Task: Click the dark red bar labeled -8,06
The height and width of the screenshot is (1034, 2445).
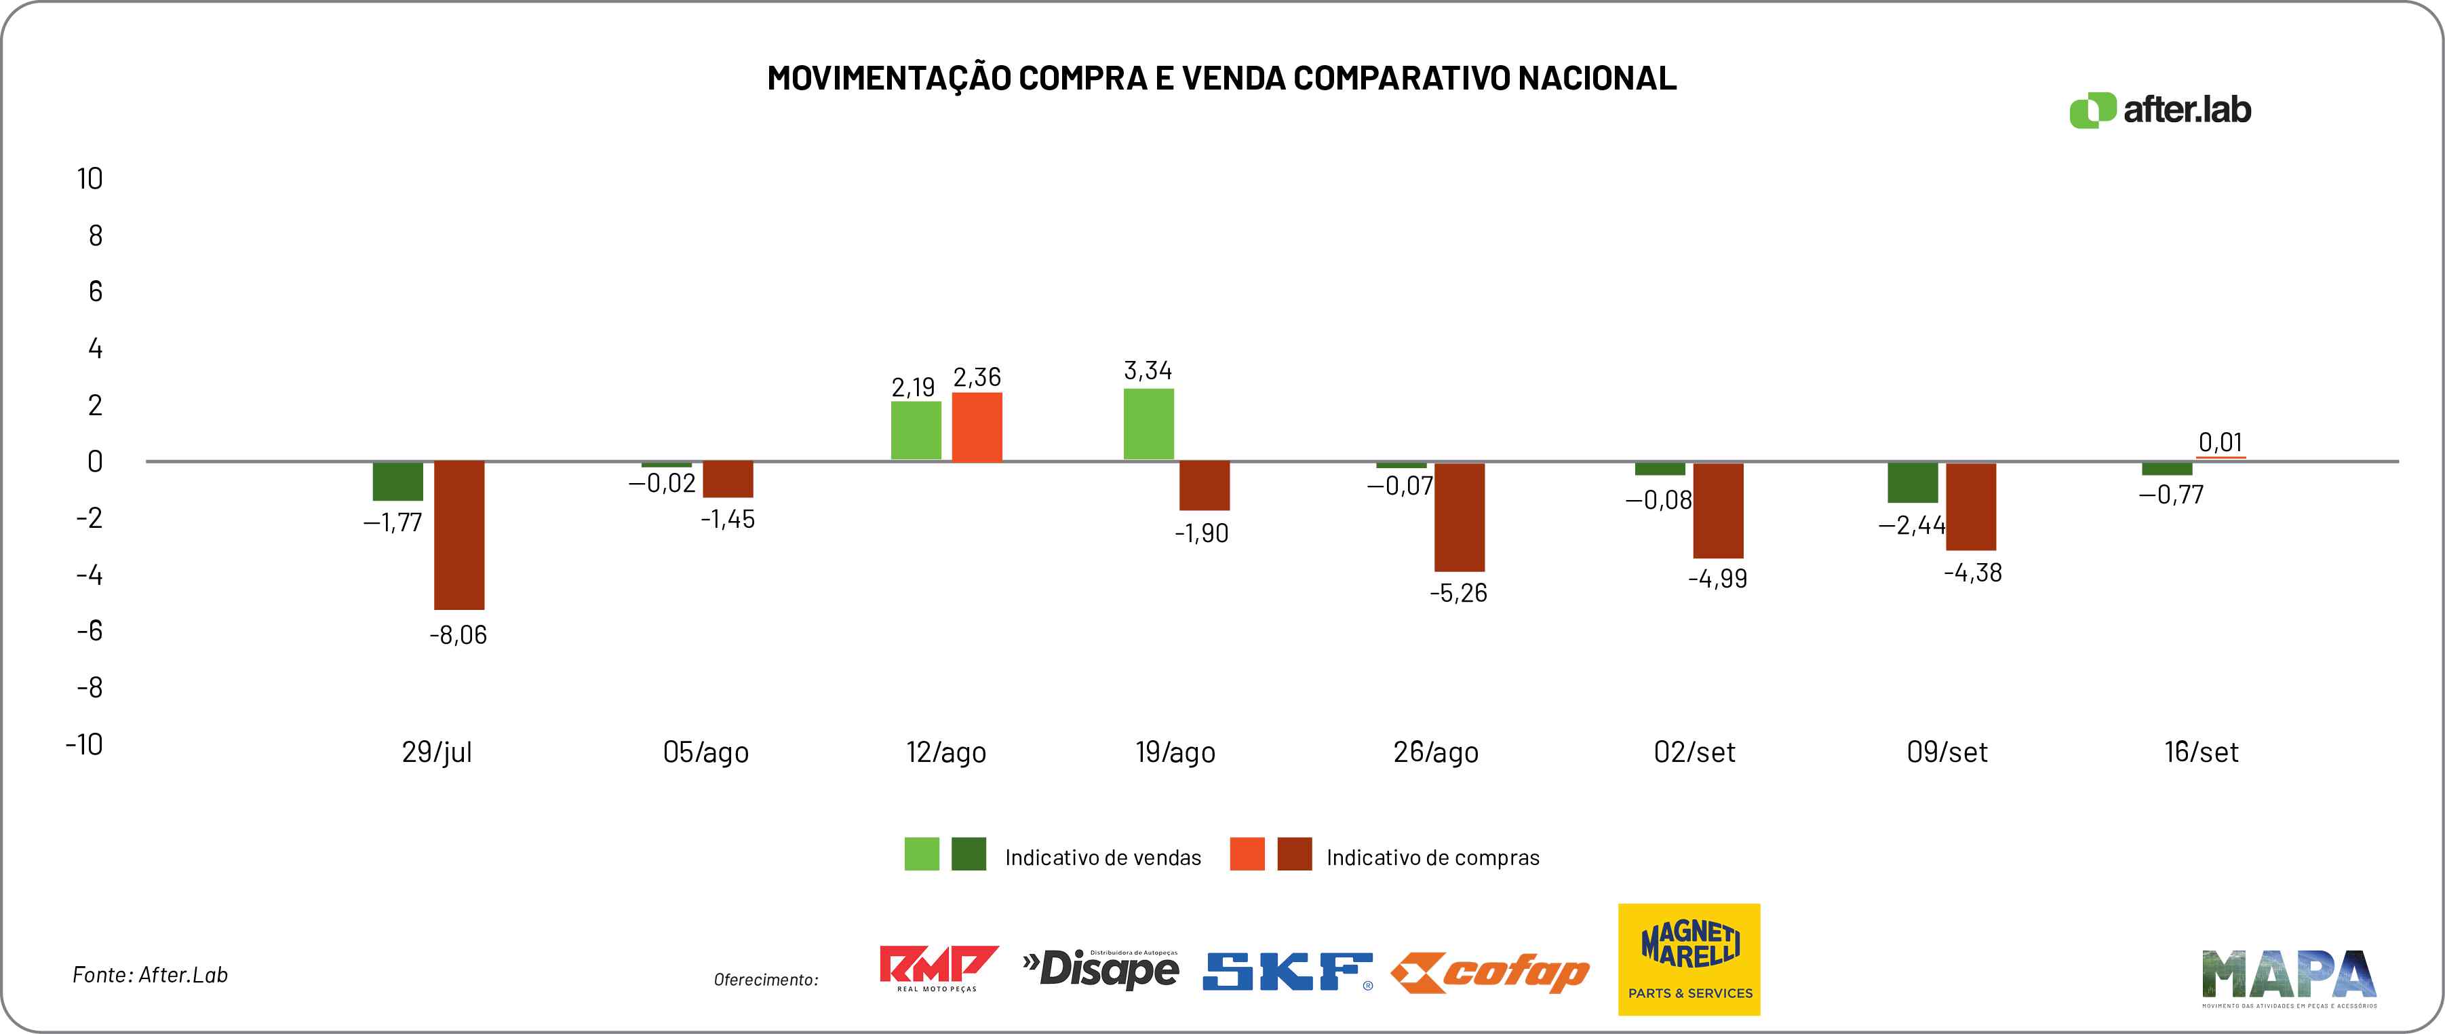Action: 459,535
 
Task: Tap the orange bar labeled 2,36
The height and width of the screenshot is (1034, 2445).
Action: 977,427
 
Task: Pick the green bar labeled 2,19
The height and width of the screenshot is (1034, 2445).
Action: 916,431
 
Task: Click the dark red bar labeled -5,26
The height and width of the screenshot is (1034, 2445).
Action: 1459,516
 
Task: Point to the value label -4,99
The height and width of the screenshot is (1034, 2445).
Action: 1717,578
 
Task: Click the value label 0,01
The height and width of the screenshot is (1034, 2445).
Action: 2220,442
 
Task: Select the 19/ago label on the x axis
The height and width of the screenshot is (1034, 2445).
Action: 1175,752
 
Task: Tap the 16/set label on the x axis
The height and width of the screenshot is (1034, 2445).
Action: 2200,752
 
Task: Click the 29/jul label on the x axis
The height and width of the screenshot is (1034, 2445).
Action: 437,752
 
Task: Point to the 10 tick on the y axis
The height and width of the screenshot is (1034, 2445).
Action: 90,178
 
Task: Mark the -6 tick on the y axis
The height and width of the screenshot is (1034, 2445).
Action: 90,630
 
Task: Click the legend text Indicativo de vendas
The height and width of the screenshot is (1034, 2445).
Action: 1103,858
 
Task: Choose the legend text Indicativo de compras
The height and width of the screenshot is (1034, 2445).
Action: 1432,858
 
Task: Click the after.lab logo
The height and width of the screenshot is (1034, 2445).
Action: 2159,110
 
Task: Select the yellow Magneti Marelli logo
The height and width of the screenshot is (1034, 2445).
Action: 1689,959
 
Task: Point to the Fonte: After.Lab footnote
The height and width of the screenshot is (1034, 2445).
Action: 150,975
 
